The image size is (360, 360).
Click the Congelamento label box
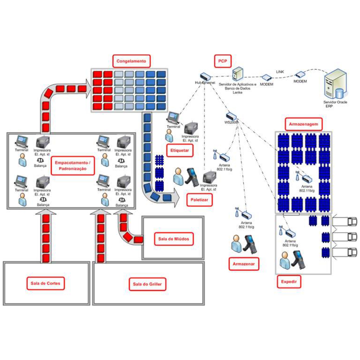coord(131,61)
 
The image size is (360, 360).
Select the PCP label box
coord(223,61)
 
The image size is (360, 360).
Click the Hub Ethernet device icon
coord(205,77)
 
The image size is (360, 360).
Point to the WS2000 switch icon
coord(231,116)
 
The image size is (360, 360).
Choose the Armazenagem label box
coord(303,124)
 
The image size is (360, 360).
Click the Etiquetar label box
coord(180,151)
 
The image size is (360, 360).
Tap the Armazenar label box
coord(244,263)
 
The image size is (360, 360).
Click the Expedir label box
coord(289,282)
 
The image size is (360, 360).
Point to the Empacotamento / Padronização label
coord(73,166)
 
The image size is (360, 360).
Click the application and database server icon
coord(238,74)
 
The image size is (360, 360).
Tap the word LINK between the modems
coord(280,72)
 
